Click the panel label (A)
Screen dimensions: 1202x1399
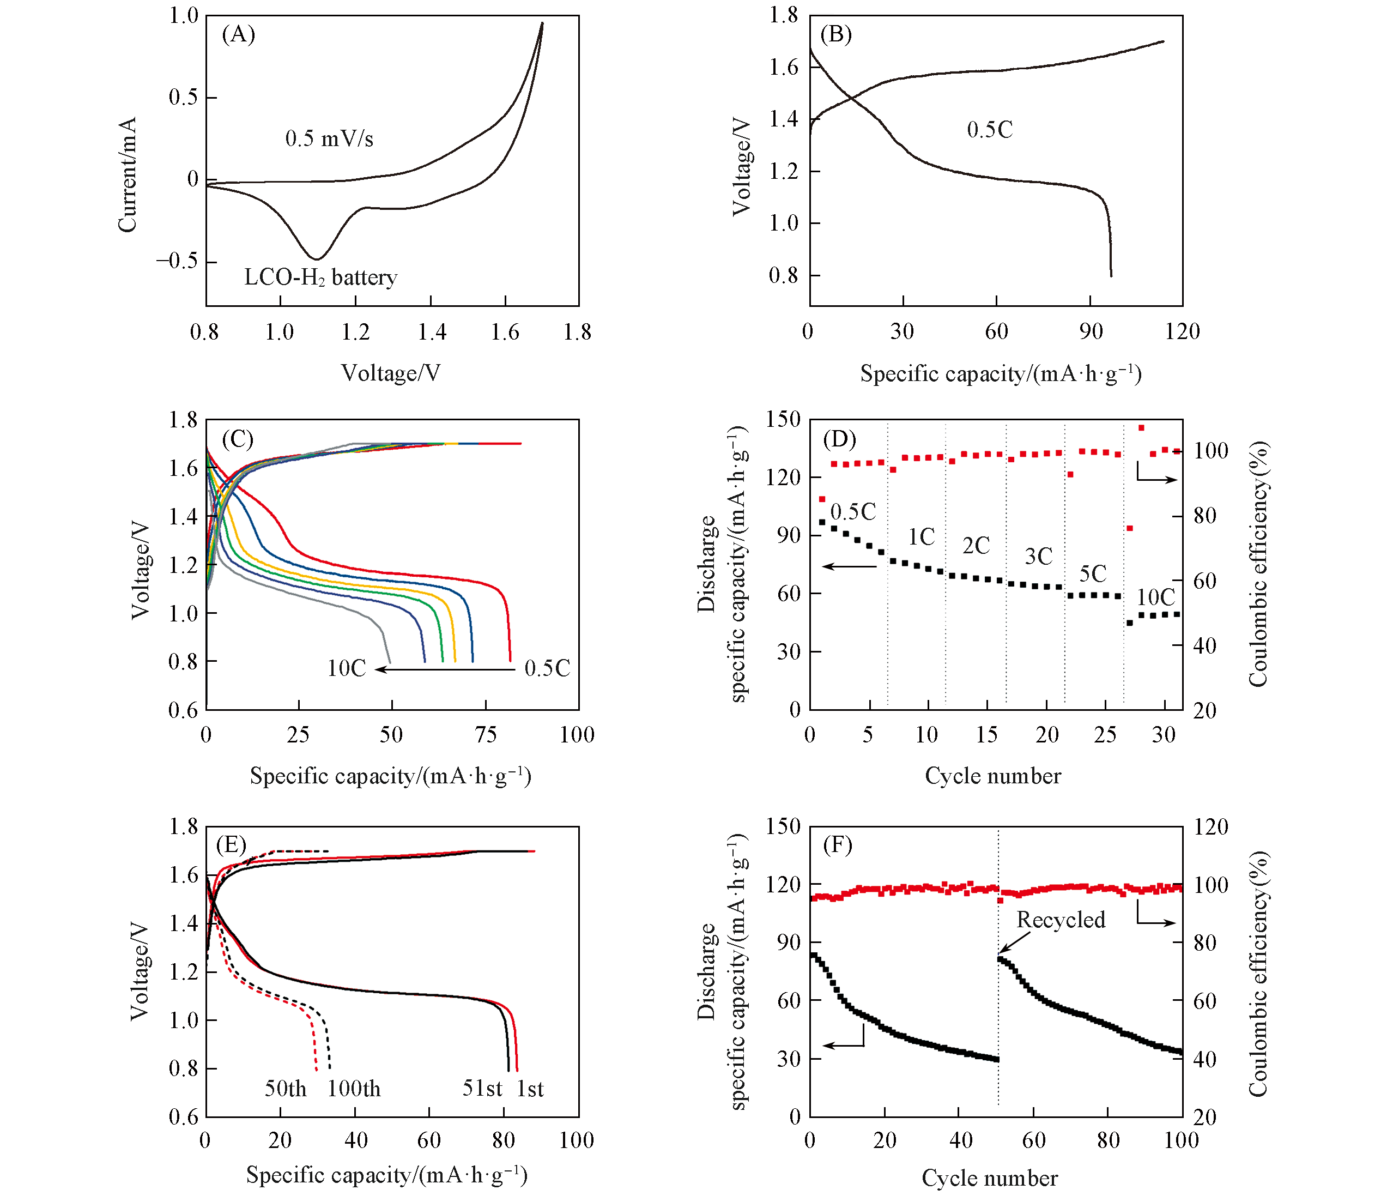pyautogui.click(x=238, y=34)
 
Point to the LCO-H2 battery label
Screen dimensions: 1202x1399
pyautogui.click(x=320, y=277)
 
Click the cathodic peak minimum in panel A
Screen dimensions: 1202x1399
pyautogui.click(x=316, y=258)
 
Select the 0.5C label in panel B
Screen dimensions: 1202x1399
pyautogui.click(x=990, y=130)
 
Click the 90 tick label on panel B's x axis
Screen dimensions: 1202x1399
pyautogui.click(x=1091, y=331)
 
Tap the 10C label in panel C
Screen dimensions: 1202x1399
pyautogui.click(x=347, y=668)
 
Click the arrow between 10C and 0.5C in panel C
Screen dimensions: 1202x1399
pyautogui.click(x=446, y=669)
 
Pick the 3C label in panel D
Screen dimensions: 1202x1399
pyautogui.click(x=1038, y=557)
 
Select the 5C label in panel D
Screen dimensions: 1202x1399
pyautogui.click(x=1093, y=574)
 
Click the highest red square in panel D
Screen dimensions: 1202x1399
pyautogui.click(x=1142, y=427)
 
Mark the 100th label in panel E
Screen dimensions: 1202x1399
pyautogui.click(x=354, y=1089)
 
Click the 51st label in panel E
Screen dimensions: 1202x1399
pyautogui.click(x=482, y=1089)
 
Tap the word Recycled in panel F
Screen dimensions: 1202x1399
pyautogui.click(x=1061, y=920)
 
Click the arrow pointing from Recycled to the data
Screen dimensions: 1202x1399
pyautogui.click(x=1014, y=943)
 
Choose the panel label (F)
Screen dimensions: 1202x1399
pyautogui.click(x=837, y=845)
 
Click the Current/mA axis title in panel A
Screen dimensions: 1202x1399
pyautogui.click(x=127, y=175)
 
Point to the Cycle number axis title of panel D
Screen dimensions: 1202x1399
pyautogui.click(x=992, y=776)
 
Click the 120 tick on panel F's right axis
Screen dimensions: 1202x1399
pyautogui.click(x=1210, y=827)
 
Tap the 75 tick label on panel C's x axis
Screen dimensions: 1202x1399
pyautogui.click(x=486, y=735)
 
